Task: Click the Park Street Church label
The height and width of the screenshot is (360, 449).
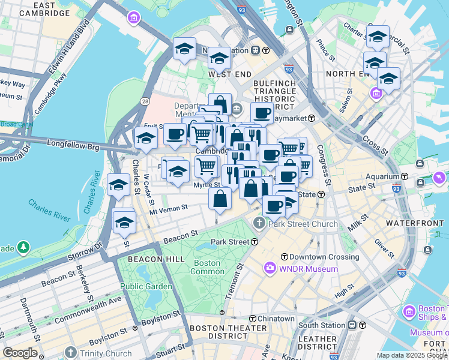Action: pyautogui.click(x=303, y=224)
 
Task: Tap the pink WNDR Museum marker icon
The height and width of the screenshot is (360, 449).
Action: pyautogui.click(x=270, y=268)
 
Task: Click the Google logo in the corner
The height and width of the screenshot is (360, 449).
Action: pyautogui.click(x=20, y=353)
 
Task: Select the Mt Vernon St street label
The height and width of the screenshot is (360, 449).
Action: pyautogui.click(x=169, y=208)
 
